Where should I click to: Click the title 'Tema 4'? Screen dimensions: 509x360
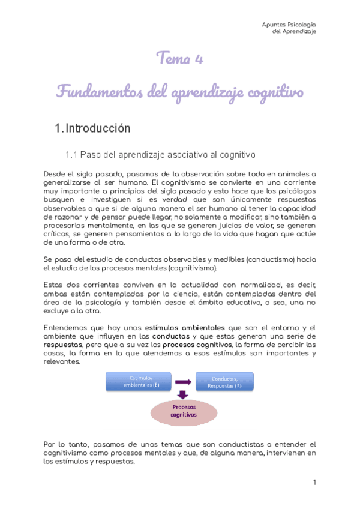179,59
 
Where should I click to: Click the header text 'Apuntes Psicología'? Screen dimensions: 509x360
289,25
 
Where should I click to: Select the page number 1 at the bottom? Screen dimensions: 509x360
314,482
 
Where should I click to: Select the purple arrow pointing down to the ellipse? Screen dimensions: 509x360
184,394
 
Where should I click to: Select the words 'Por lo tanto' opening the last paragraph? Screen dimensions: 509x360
67,444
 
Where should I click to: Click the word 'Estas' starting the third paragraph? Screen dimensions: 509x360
54,285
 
